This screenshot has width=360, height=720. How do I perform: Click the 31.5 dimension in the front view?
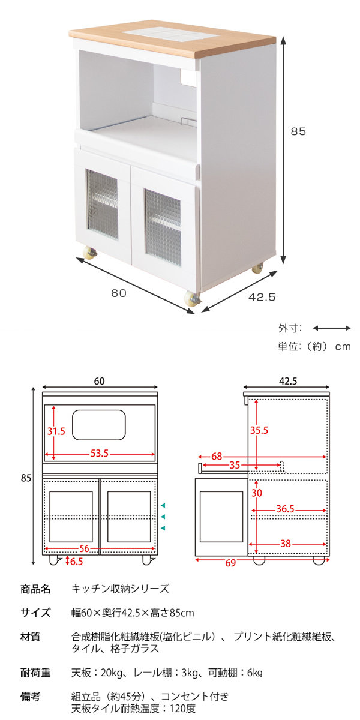tap(56, 431)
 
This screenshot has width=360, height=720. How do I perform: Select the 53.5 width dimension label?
tap(100, 454)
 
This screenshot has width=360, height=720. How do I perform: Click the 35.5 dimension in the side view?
tap(259, 430)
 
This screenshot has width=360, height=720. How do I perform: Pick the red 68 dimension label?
tap(217, 456)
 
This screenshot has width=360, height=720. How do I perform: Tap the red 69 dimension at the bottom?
tap(230, 563)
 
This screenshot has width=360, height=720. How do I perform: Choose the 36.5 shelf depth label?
tap(286, 509)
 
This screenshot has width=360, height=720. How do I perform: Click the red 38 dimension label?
tap(286, 544)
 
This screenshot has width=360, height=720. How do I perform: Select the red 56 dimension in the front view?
tap(84, 548)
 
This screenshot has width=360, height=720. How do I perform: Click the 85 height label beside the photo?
tap(298, 131)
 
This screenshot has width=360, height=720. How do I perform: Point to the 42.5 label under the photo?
tap(262, 297)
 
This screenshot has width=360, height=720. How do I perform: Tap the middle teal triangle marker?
tap(163, 517)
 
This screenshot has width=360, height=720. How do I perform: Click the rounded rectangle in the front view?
tap(98, 425)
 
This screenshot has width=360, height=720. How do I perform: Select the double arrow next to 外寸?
tap(332, 328)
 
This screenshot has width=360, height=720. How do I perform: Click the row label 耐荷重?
tap(35, 673)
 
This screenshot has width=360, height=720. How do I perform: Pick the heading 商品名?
tap(35, 589)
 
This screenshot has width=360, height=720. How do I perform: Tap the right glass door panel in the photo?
tap(163, 227)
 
